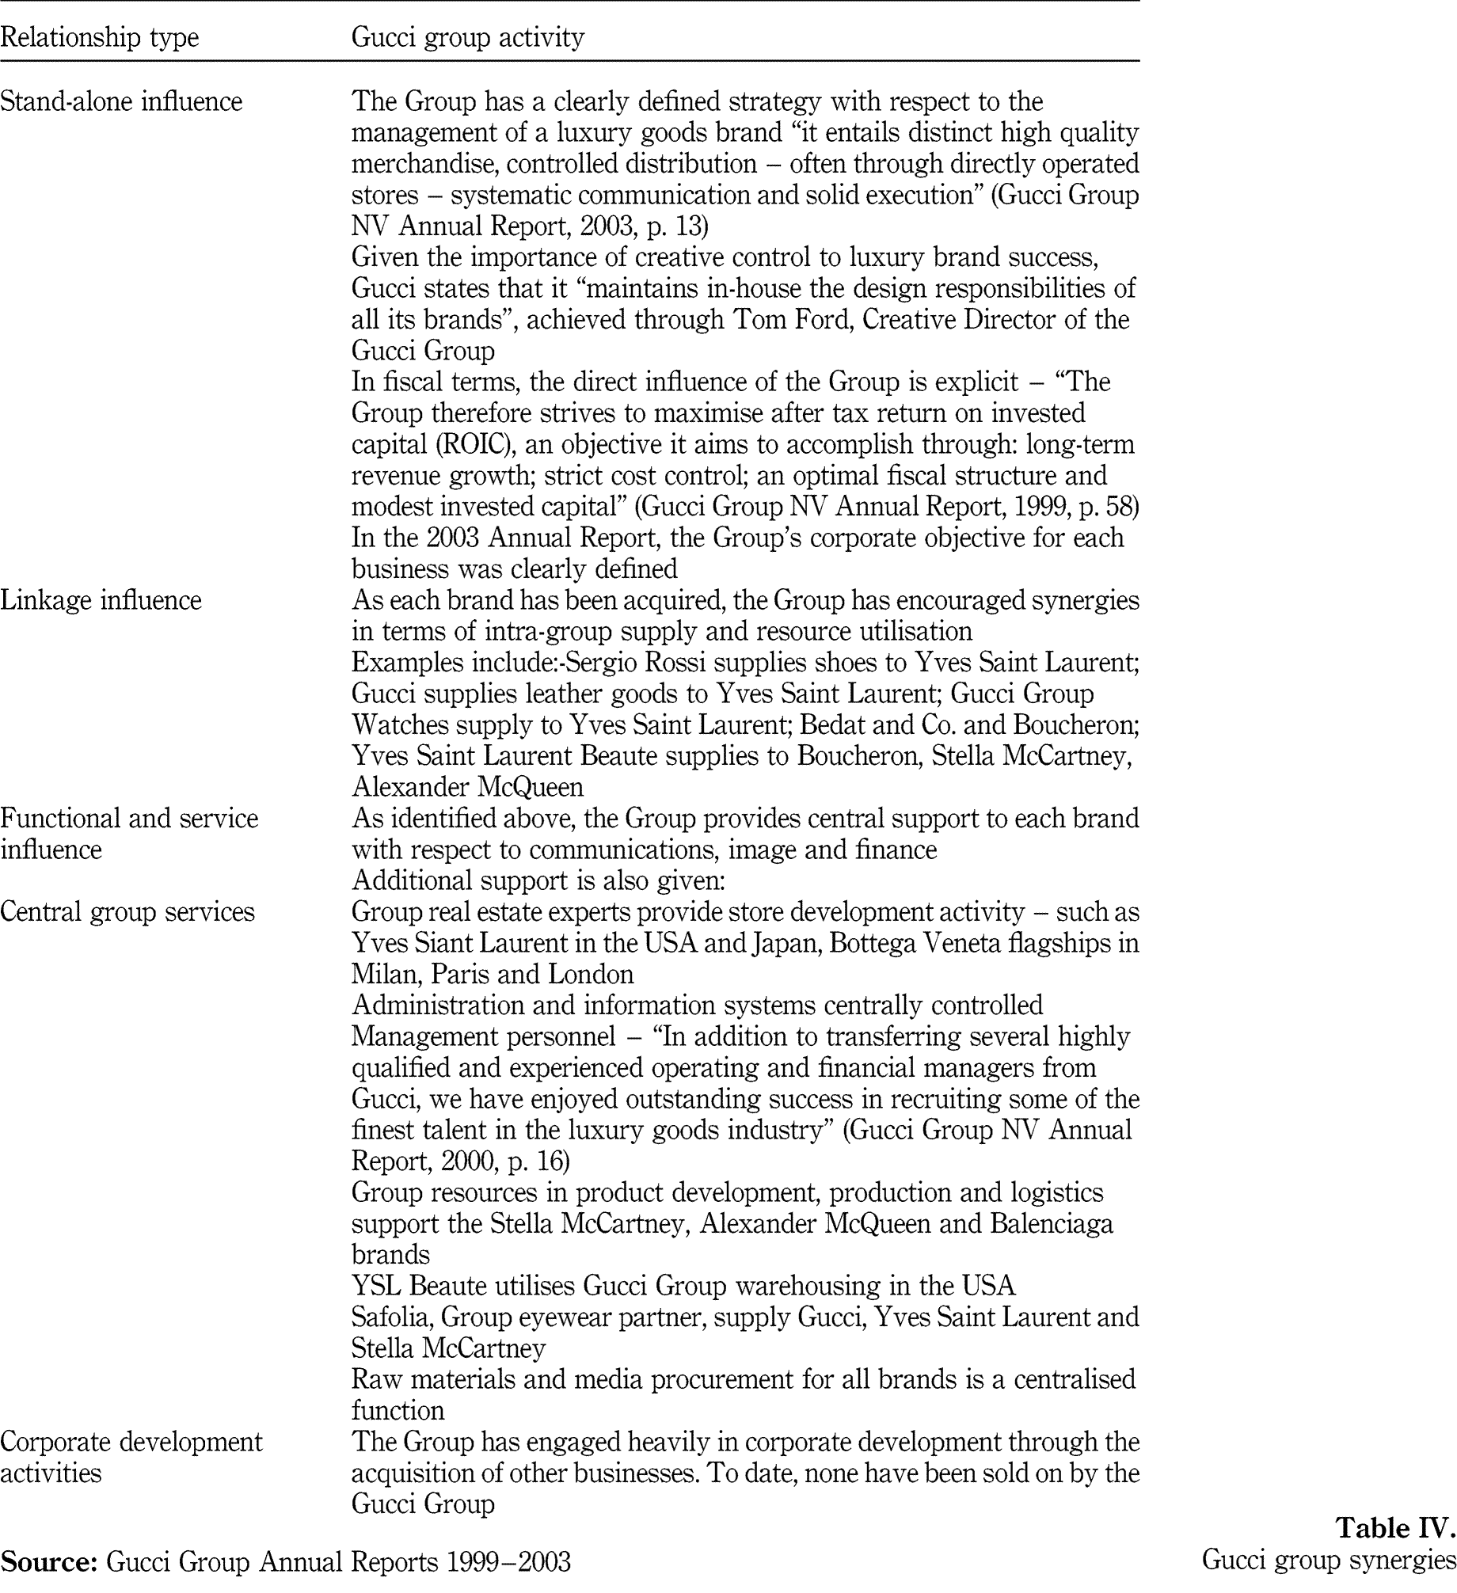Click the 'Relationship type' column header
point(99,37)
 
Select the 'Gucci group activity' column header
point(467,37)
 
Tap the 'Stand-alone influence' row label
point(121,101)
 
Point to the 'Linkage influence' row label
point(101,600)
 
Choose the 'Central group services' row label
point(127,912)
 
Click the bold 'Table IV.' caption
point(1395,1526)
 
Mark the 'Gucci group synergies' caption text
point(1329,1559)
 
